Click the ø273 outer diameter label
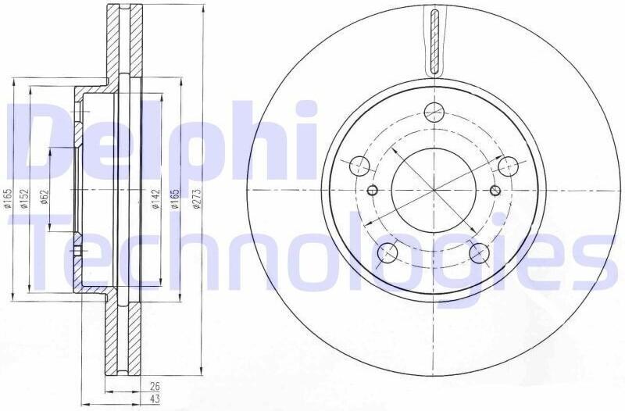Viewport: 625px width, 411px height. tap(196, 198)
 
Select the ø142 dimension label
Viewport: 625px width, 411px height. tap(155, 199)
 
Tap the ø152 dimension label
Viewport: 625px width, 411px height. tap(24, 198)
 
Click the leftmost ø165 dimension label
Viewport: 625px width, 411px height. tap(8, 198)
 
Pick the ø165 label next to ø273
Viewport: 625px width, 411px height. tap(174, 198)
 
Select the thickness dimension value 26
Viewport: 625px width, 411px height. tap(155, 386)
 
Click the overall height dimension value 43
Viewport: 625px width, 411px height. tap(155, 398)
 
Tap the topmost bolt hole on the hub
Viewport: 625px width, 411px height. tap(434, 112)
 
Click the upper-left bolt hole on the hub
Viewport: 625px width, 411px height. tap(360, 166)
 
